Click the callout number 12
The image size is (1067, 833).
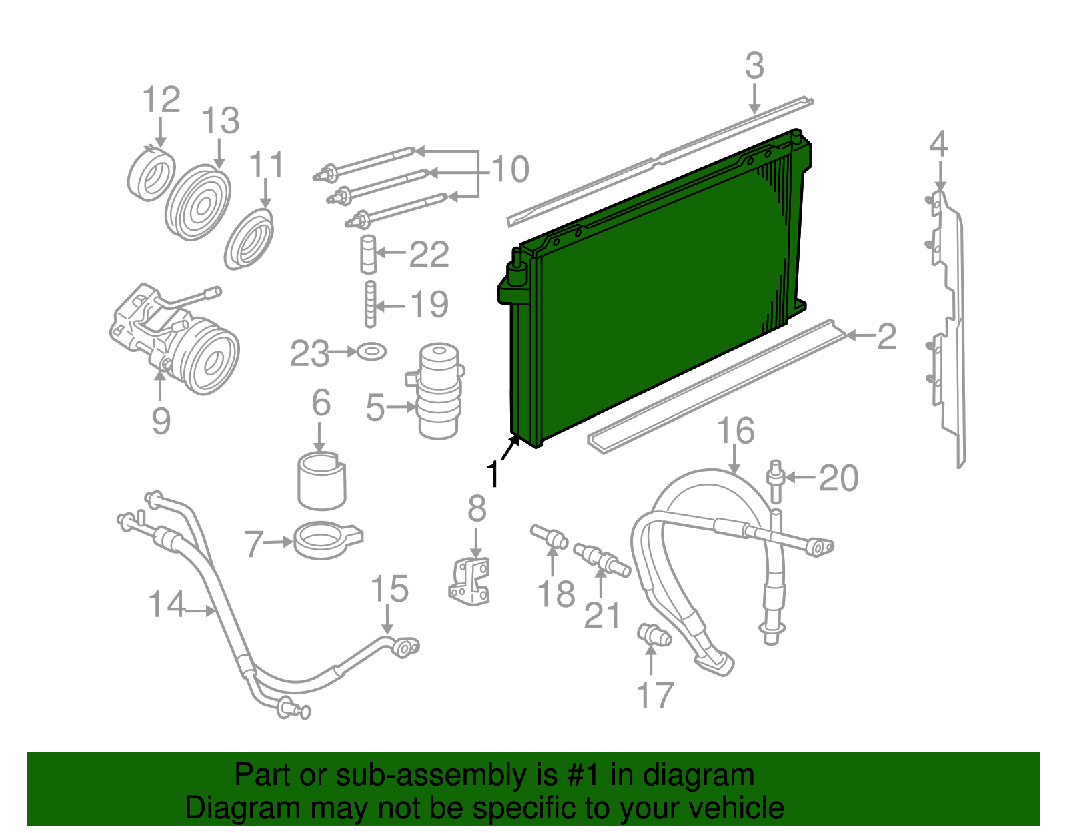161,101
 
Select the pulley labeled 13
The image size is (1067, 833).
197,203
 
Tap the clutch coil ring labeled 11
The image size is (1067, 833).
249,239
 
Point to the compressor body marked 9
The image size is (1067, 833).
175,340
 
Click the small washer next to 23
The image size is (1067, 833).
371,351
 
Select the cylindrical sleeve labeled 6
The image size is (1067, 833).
321,480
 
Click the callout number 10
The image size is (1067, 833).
510,170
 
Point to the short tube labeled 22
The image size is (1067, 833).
368,254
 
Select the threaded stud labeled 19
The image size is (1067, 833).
370,305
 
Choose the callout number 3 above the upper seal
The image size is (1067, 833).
754,66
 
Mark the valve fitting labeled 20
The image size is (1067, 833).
775,482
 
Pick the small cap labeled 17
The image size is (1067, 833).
654,634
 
